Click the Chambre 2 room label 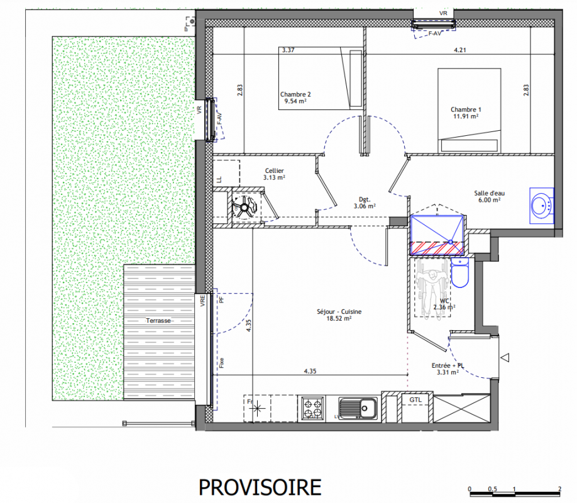[x=295, y=94]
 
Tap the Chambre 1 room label [x=466, y=109]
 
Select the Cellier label [x=275, y=170]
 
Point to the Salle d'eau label [x=490, y=193]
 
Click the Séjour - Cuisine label [x=339, y=311]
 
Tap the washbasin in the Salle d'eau [x=542, y=206]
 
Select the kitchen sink [x=358, y=408]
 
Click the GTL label [x=416, y=399]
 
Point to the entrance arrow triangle [x=505, y=357]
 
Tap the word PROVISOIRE [x=260, y=487]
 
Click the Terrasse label [x=158, y=321]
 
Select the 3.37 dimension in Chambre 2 [x=288, y=50]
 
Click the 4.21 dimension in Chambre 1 [x=460, y=50]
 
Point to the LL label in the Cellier [x=219, y=180]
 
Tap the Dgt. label [x=365, y=199]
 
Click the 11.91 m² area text [x=466, y=116]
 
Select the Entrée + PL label [x=448, y=365]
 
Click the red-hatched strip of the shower [x=437, y=248]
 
